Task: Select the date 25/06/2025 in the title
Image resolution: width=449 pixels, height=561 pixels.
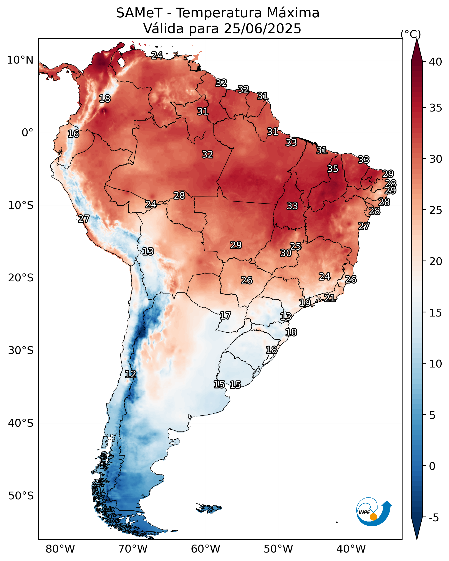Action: pos(262,29)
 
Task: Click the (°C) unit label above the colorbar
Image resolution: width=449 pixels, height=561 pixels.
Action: pos(411,34)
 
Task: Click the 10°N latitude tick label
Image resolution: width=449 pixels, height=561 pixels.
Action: pos(20,60)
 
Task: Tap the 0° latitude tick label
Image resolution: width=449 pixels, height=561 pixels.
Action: pos(27,133)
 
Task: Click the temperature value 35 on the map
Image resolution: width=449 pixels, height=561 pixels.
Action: pos(333,169)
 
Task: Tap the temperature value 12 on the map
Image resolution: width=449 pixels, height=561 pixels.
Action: pos(131,374)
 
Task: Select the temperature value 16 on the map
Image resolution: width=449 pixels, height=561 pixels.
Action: pos(73,134)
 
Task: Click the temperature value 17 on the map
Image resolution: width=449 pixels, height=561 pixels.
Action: pos(225,316)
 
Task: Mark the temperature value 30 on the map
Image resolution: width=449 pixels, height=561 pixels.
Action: pos(286,253)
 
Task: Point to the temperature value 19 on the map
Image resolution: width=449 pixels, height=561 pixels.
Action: pos(305,303)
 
